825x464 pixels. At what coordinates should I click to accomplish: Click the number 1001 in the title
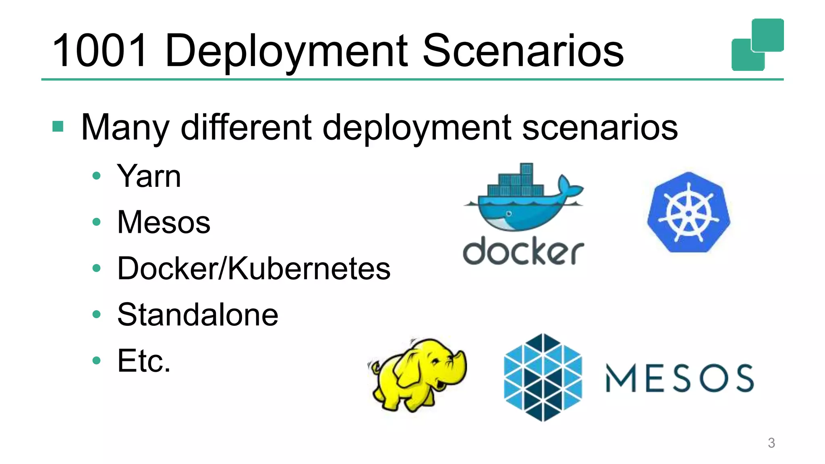click(100, 51)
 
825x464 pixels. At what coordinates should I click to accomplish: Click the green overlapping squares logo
click(757, 44)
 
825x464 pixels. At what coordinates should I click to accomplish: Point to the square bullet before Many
click(58, 126)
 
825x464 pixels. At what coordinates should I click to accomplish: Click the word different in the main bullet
click(246, 127)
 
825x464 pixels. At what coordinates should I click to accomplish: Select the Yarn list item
click(149, 176)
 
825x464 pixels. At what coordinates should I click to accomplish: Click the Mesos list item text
click(164, 222)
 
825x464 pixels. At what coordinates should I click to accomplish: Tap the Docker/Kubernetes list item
click(254, 269)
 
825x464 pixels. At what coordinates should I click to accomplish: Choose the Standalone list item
click(197, 315)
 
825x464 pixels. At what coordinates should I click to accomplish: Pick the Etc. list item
click(144, 361)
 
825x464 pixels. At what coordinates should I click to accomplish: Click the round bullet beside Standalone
click(96, 314)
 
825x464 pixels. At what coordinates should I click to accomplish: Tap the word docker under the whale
click(523, 252)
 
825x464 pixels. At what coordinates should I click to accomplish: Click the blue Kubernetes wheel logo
click(688, 212)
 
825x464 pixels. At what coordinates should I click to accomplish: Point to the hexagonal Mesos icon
click(543, 377)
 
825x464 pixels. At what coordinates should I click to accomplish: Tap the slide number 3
click(771, 443)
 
